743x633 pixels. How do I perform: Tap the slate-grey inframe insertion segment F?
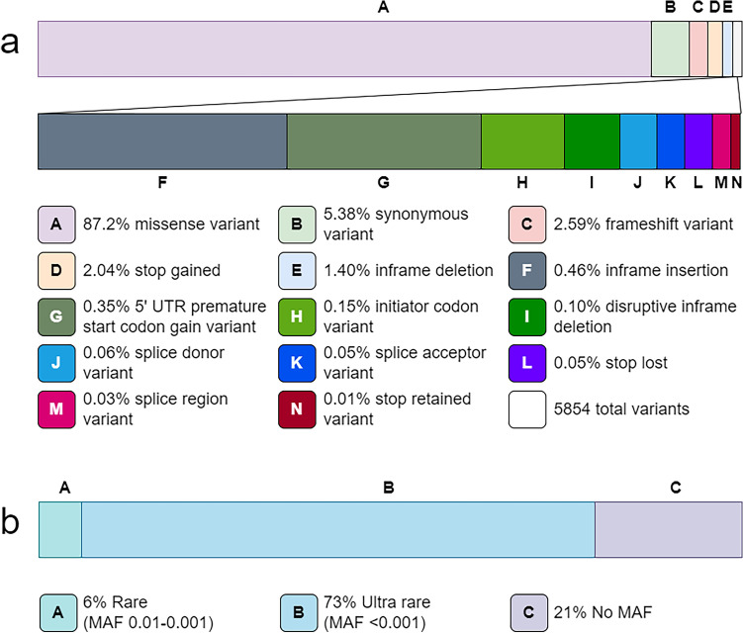click(x=162, y=141)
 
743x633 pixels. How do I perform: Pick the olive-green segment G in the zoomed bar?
click(x=384, y=141)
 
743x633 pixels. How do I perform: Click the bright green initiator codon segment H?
click(x=522, y=141)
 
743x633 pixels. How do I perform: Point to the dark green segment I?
click(x=592, y=141)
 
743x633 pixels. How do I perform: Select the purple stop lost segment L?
click(x=698, y=141)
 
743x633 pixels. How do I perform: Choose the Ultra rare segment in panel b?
click(x=337, y=529)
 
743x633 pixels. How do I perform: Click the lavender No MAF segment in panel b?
click(x=668, y=529)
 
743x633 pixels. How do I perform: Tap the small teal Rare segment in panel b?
click(x=59, y=529)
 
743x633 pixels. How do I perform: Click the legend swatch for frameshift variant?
click(x=526, y=225)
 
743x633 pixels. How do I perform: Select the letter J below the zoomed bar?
click(x=637, y=183)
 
